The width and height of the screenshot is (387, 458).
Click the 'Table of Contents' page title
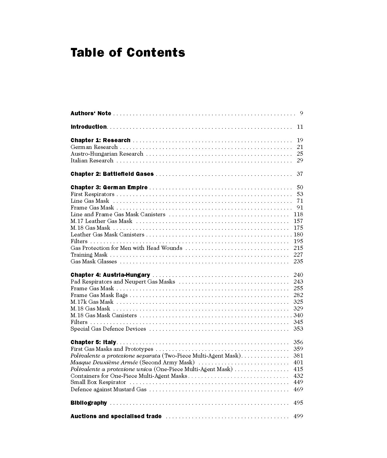click(128, 52)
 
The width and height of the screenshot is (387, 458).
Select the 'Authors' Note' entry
click(91, 113)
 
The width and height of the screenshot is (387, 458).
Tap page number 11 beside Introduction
click(300, 127)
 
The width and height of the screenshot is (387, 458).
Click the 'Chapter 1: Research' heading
click(101, 140)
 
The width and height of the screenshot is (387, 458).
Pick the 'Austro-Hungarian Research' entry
click(107, 154)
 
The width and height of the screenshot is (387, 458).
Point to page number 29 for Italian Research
click(300, 160)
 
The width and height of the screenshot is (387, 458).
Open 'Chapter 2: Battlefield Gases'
click(112, 174)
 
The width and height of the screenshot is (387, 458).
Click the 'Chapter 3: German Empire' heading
click(109, 187)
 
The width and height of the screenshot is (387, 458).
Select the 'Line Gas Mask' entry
click(90, 201)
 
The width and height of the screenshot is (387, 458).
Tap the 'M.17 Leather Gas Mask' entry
click(101, 221)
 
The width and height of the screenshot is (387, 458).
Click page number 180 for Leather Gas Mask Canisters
click(298, 235)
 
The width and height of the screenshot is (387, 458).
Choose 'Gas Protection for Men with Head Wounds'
click(126, 248)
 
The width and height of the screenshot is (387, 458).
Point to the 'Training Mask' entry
click(89, 255)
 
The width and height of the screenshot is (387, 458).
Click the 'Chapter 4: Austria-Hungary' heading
click(110, 275)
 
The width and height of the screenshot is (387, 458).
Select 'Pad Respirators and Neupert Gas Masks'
click(123, 282)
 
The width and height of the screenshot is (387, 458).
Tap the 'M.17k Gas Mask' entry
click(92, 302)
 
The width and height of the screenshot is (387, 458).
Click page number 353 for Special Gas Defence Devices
click(298, 329)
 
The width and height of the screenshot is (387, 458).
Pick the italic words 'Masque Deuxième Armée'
click(104, 362)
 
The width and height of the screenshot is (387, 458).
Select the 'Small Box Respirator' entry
click(98, 382)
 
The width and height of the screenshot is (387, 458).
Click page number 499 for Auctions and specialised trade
click(298, 416)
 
